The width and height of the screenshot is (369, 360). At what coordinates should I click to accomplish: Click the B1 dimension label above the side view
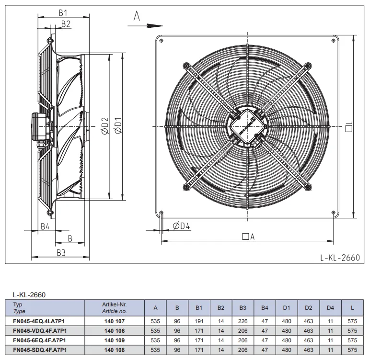point(63,13)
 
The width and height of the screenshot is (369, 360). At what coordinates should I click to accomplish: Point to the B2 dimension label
point(66,24)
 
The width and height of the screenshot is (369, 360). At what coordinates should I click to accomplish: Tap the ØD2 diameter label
point(105,126)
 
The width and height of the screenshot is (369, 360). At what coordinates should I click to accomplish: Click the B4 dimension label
point(45,226)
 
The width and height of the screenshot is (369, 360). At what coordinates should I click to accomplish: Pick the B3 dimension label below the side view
point(61,253)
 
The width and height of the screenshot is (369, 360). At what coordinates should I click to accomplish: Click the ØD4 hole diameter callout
point(181,226)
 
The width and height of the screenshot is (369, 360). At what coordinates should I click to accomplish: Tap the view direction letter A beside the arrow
point(137,16)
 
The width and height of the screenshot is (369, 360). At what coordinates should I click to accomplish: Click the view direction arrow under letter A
point(145,26)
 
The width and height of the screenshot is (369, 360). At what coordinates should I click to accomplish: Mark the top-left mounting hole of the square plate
point(161,41)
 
